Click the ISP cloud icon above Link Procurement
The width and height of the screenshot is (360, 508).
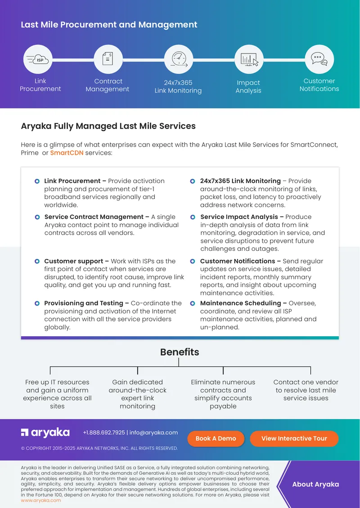(x=38, y=60)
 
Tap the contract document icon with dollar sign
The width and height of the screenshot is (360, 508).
(x=108, y=59)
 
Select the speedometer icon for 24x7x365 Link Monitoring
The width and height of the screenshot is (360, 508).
(x=179, y=59)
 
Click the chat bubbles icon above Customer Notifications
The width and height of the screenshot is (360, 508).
(x=319, y=59)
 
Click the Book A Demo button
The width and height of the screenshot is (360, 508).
(x=216, y=439)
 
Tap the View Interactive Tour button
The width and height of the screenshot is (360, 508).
(x=294, y=439)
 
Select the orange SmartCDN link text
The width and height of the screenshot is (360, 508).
(x=67, y=152)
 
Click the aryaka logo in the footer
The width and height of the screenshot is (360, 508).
(x=45, y=432)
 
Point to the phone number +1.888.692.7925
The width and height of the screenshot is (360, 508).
(x=104, y=432)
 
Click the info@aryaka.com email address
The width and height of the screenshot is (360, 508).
(x=153, y=432)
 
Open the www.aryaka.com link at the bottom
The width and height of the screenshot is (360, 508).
(x=41, y=500)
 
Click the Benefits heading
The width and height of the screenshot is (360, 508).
(x=180, y=352)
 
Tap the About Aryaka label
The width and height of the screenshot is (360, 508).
(x=315, y=484)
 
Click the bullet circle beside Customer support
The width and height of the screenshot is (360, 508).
(x=37, y=261)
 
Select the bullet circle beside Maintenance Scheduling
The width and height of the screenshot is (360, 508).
(x=193, y=303)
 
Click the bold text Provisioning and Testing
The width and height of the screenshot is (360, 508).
(x=84, y=303)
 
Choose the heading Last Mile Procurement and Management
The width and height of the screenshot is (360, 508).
(x=109, y=25)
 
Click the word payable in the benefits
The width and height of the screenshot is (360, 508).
(x=223, y=406)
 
